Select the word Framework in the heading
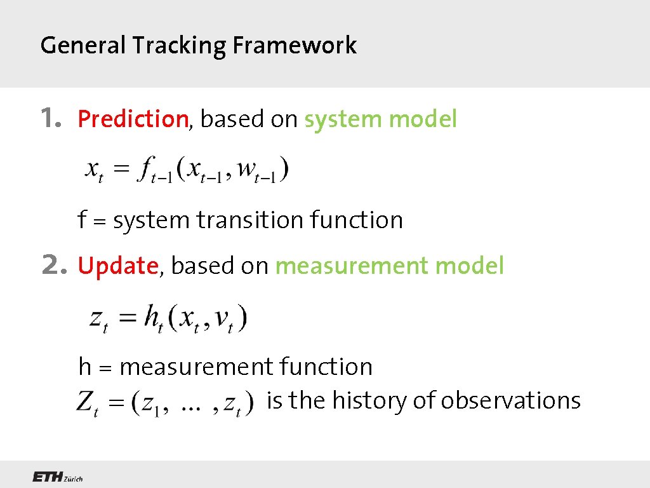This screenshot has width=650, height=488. tap(295, 46)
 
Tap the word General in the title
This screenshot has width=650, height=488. tap(83, 46)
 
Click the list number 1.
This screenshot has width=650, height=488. tap(51, 118)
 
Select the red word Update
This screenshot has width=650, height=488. tap(117, 266)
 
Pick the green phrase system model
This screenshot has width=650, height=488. tap(380, 119)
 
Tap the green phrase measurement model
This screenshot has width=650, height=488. tap(389, 266)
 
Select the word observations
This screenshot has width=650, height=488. tap(510, 400)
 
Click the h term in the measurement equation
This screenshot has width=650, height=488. tap(152, 317)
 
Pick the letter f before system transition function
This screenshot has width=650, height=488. tap(82, 220)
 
